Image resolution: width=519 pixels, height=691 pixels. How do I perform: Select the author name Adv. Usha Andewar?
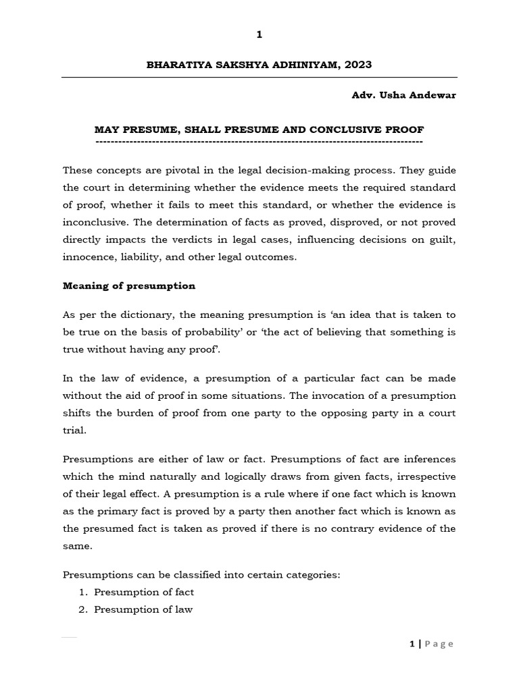[x=403, y=95]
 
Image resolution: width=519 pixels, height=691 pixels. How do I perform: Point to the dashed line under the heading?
[x=259, y=142]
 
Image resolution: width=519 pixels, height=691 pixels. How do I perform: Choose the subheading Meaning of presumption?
[x=129, y=285]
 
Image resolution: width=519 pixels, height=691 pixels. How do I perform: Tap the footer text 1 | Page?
[x=432, y=644]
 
